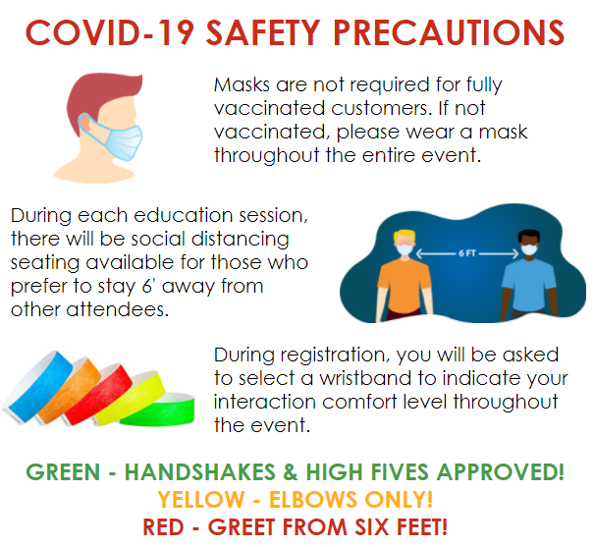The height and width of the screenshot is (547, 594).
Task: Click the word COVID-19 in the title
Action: (x=110, y=32)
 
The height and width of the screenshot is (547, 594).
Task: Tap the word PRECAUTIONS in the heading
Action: (x=449, y=32)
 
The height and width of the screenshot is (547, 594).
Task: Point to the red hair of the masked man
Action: (x=100, y=100)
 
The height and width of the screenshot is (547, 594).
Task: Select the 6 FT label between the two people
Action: (x=466, y=253)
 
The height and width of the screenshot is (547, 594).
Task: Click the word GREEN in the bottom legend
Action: (x=63, y=472)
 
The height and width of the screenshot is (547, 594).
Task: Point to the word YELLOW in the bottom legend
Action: (x=201, y=499)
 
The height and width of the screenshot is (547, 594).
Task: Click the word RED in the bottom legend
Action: (x=163, y=527)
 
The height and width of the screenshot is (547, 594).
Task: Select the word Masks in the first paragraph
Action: (x=242, y=84)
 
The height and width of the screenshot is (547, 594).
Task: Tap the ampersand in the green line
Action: (x=291, y=472)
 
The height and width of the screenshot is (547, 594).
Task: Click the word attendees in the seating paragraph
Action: (x=118, y=309)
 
